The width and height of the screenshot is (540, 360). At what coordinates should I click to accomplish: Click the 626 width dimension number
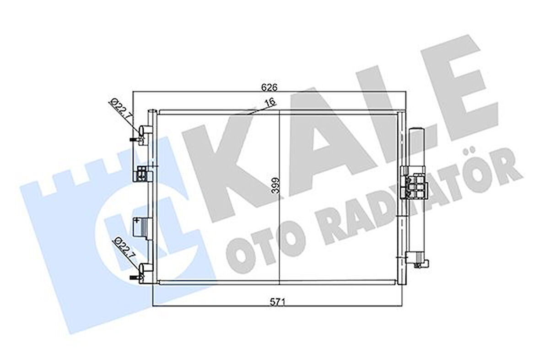[269, 87]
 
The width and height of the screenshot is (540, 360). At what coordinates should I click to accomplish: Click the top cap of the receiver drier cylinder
[416, 131]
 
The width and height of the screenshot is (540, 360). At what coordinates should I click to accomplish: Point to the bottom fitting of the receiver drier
[418, 261]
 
